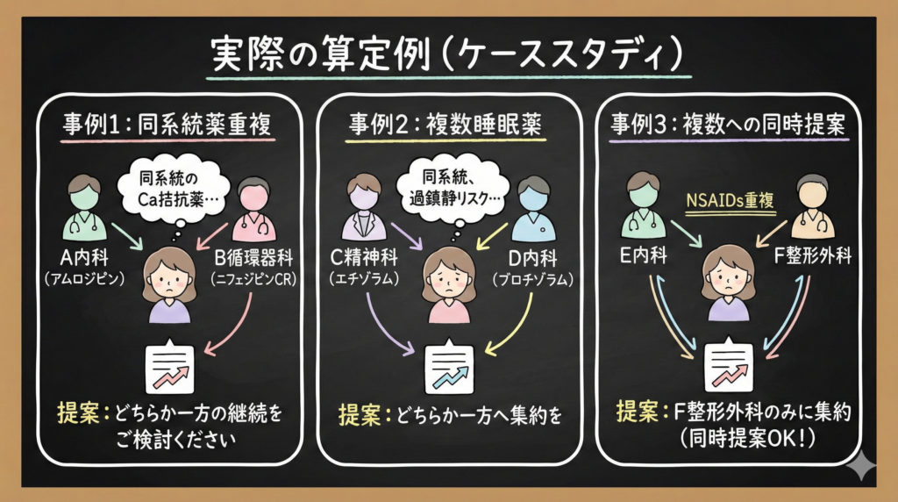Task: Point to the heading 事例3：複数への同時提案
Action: click(727, 125)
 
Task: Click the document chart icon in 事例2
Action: click(448, 367)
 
